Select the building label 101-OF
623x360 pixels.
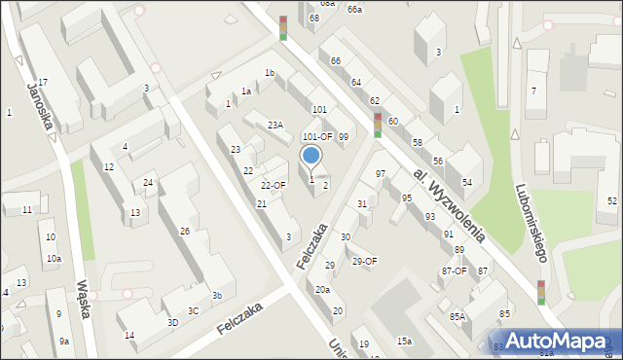click(317, 137)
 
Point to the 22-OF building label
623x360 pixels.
click(273, 185)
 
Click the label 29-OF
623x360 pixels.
click(364, 261)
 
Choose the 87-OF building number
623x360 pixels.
click(454, 271)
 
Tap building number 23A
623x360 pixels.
click(275, 125)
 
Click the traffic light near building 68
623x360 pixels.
click(283, 27)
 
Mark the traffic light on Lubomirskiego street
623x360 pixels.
click(540, 292)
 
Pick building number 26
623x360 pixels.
click(185, 231)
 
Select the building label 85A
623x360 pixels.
click(458, 316)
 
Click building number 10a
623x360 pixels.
click(54, 258)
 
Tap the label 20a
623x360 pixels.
click(322, 289)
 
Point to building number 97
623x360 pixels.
click(381, 173)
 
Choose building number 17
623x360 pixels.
click(43, 82)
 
